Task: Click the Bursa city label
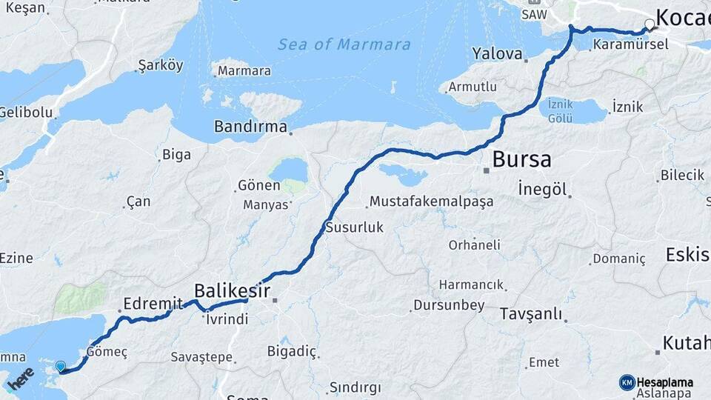[522, 159]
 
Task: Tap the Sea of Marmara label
[344, 44]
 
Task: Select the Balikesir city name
[232, 290]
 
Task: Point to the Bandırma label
[250, 127]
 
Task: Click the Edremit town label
[153, 303]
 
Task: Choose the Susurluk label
[355, 227]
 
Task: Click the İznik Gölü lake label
[566, 111]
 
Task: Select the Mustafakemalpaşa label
[431, 201]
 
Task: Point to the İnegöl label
[542, 189]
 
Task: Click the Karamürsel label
[630, 44]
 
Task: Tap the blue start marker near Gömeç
[61, 366]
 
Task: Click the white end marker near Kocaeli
[650, 24]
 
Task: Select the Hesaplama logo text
[664, 382]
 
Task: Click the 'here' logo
[20, 378]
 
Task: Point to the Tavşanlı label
[530, 313]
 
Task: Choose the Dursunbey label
[448, 304]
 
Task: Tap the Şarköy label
[160, 65]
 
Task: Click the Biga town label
[176, 155]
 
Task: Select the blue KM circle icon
[627, 382]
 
